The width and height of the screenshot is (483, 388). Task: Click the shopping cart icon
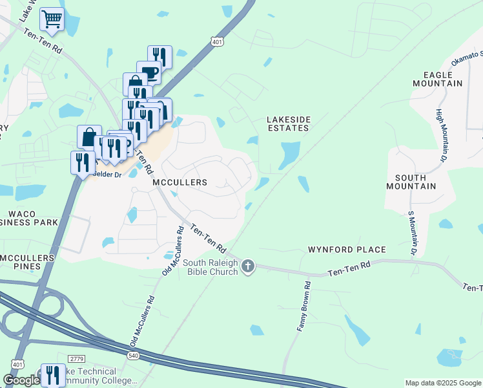[x=52, y=19]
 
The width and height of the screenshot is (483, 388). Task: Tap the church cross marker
[x=249, y=266]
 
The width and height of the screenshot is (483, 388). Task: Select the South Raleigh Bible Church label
[x=212, y=267]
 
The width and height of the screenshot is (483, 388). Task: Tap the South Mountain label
[x=411, y=182]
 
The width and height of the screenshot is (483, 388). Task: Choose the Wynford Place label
[x=347, y=250]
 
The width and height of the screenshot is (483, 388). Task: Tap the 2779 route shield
[x=77, y=358]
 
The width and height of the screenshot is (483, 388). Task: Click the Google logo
[x=21, y=381]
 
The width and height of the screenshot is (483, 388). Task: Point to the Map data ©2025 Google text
[x=443, y=383]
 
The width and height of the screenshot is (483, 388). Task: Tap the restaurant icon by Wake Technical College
[x=53, y=375]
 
